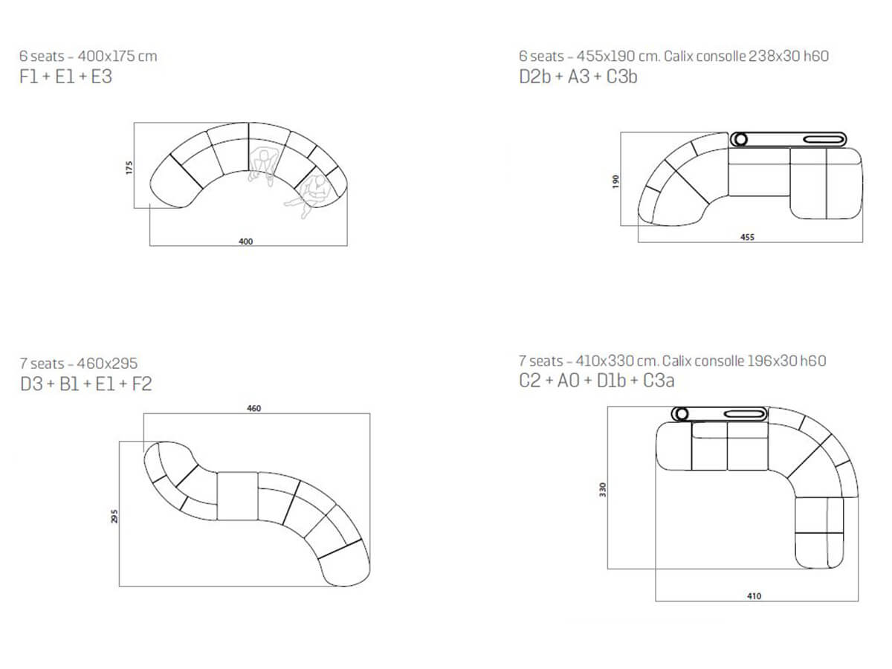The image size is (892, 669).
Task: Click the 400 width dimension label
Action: tap(245, 242)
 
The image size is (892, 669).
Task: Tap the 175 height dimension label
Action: tap(129, 168)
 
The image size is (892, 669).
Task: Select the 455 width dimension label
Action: tap(747, 237)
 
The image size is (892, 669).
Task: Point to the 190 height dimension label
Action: tap(615, 181)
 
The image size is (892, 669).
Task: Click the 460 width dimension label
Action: tap(253, 408)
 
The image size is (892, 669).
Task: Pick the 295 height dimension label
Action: tap(114, 517)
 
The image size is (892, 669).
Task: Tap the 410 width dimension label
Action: tap(754, 596)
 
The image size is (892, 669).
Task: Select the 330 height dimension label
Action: tap(602, 489)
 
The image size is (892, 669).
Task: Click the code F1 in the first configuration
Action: tap(28, 77)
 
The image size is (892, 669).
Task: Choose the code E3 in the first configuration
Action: tap(101, 77)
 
